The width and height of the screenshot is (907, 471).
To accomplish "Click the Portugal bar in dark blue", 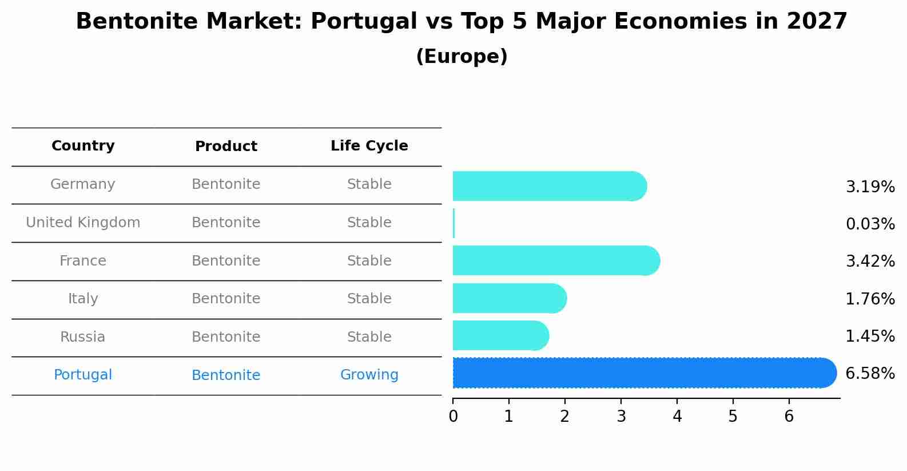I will [x=641, y=373].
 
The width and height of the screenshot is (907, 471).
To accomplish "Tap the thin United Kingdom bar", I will [x=454, y=223].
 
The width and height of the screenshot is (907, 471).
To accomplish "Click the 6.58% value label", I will [x=870, y=374].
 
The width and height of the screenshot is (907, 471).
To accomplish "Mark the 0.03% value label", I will [x=870, y=224].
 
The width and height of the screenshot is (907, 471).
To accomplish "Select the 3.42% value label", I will [x=870, y=262].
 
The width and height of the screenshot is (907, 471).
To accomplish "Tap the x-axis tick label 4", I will [x=677, y=417].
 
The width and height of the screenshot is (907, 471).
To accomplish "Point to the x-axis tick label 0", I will [x=453, y=417].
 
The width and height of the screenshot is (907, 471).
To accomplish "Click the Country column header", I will [x=83, y=146].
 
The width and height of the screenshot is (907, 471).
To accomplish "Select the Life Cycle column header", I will [x=369, y=146].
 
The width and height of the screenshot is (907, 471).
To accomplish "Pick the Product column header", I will [x=226, y=147].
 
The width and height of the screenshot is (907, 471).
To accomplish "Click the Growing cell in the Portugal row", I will [x=369, y=375].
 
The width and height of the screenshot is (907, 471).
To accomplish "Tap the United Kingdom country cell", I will [x=83, y=223].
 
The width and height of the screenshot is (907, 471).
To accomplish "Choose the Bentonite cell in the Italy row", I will [x=226, y=299].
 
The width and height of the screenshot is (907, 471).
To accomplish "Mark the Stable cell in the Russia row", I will [x=369, y=337].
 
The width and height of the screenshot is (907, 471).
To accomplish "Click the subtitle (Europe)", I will [x=462, y=57].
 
